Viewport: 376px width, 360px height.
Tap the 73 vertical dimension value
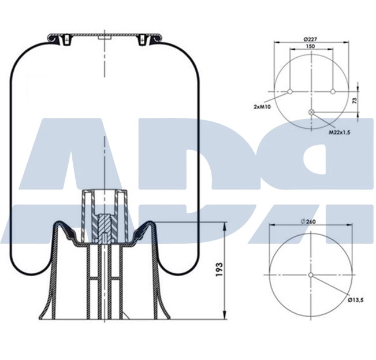pos(354,101)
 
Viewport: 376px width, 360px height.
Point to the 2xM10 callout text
pos(263,106)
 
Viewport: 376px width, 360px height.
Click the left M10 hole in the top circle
pos(290,91)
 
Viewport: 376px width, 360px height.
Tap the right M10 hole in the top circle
pos(333,91)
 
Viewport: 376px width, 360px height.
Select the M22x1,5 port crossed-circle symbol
pos(312,112)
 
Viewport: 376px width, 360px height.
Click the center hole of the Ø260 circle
pos(311,275)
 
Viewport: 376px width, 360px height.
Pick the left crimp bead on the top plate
pos(58,39)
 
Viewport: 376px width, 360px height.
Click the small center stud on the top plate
pos(105,38)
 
